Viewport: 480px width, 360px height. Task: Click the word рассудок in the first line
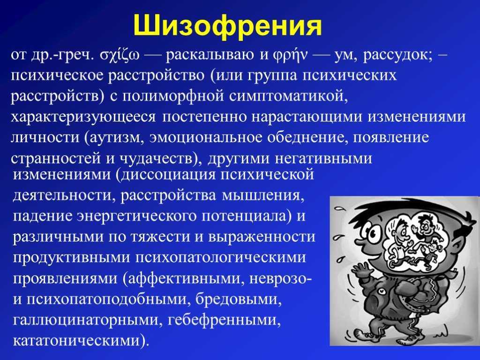point(398,55)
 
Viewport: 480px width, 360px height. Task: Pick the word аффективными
point(184,278)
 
